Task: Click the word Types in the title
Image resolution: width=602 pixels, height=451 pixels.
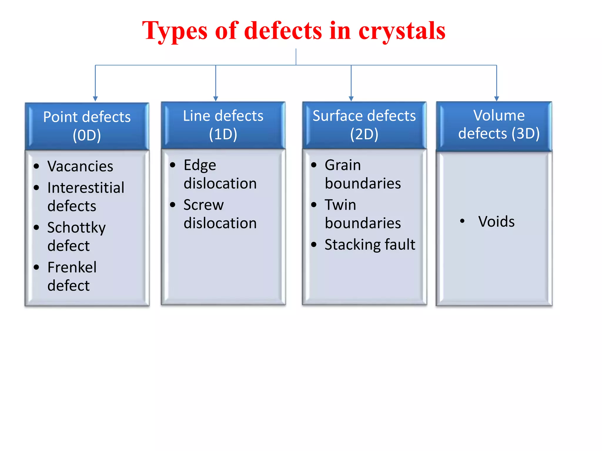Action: (175, 31)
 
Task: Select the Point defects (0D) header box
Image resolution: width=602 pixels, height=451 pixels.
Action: (87, 126)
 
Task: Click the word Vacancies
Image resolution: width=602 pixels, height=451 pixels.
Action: (80, 166)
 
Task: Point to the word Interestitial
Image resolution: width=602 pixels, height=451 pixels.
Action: (86, 188)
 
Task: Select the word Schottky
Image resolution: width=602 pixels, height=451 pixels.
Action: (76, 228)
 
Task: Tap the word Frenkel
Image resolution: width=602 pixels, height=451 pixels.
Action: (72, 267)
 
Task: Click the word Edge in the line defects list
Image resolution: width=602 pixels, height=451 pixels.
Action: (200, 165)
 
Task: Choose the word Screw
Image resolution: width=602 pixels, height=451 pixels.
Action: (204, 205)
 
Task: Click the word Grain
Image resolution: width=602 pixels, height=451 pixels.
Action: (343, 165)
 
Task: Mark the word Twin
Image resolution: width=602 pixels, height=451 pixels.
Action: (340, 205)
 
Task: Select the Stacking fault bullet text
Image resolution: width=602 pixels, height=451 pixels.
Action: (370, 245)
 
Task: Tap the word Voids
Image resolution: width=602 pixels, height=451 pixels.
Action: (496, 221)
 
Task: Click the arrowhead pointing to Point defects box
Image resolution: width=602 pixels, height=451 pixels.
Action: (95, 99)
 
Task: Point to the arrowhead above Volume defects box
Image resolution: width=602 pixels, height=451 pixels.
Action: (496, 99)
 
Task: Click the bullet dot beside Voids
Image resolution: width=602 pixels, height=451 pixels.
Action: (462, 221)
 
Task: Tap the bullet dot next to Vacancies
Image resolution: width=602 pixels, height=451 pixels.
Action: (36, 166)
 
